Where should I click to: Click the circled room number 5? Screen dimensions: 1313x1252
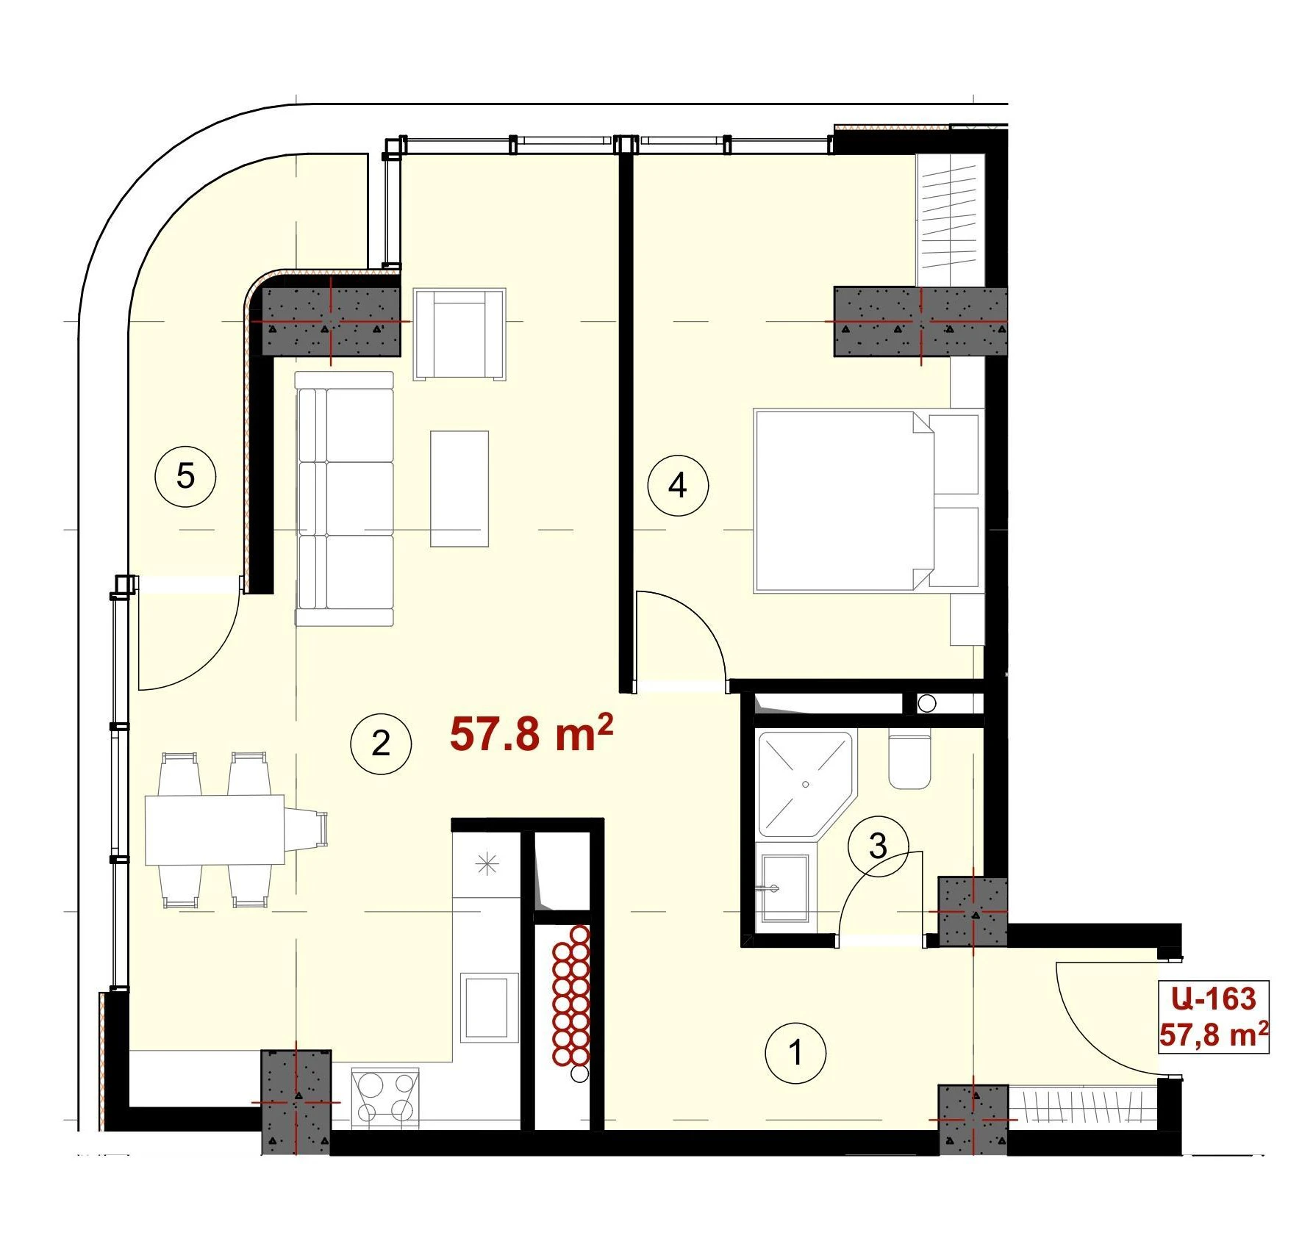(185, 476)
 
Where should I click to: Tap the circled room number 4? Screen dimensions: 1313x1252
(678, 486)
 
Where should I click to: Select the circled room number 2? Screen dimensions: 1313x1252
(381, 744)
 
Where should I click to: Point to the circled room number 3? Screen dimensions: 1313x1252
(878, 846)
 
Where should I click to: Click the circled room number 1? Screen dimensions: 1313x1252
(795, 1053)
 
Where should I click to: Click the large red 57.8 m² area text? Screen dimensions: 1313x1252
(532, 733)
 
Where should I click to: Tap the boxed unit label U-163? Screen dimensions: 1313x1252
(1214, 999)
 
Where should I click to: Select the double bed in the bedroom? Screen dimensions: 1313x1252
(868, 500)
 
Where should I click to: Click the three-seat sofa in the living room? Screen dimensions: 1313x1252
(344, 499)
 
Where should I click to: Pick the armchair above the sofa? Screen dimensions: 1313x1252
(459, 334)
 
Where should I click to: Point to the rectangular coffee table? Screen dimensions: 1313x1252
(459, 489)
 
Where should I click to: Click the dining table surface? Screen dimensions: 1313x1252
(215, 830)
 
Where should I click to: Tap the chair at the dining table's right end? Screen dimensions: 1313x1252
(307, 830)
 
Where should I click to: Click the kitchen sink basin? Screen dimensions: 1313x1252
(484, 1007)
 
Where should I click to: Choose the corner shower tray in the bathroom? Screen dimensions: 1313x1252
(806, 784)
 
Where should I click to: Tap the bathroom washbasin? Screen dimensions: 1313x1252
(783, 888)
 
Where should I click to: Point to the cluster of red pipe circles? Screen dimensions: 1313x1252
(570, 995)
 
